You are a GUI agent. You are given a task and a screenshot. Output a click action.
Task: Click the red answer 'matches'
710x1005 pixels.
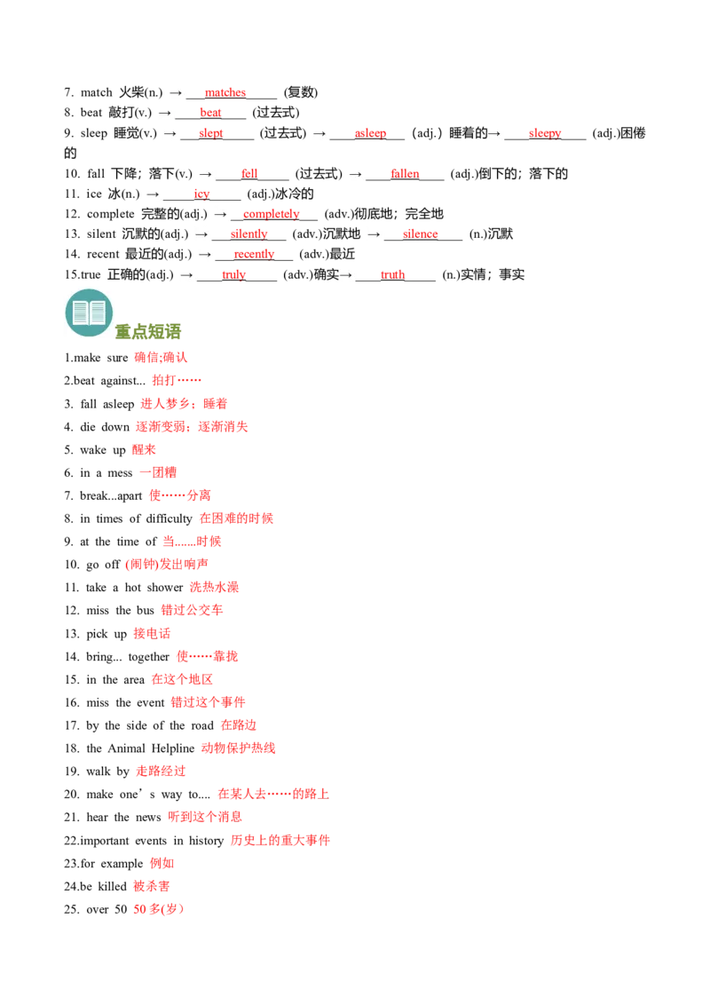click(x=225, y=92)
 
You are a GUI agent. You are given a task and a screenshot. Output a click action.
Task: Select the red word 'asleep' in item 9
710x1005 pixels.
click(x=370, y=133)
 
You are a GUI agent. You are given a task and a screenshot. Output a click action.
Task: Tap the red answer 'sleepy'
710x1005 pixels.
click(x=545, y=133)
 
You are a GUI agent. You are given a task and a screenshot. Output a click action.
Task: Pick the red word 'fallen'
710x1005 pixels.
click(x=405, y=174)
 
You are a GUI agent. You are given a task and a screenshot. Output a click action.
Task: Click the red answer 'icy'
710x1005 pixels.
click(x=201, y=194)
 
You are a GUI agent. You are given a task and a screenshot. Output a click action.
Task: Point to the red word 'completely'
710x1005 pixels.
click(x=271, y=214)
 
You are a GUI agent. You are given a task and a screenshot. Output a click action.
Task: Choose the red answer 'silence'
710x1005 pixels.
click(x=421, y=234)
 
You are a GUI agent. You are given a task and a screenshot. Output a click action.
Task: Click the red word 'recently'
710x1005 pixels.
click(x=254, y=255)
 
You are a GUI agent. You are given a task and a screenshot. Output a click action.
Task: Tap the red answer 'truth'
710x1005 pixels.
click(x=393, y=275)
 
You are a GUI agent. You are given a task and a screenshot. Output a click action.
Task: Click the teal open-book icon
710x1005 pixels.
click(x=89, y=313)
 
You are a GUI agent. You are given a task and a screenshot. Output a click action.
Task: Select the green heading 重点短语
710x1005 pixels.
click(x=148, y=331)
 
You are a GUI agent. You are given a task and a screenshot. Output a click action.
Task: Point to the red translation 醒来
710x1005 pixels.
click(x=144, y=450)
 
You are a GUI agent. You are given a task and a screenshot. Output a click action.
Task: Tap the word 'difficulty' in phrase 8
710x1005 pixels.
click(x=170, y=519)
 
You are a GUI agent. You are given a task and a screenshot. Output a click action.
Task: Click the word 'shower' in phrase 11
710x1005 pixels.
click(x=165, y=588)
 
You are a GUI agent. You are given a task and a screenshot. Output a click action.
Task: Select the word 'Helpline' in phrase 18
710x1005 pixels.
click(x=173, y=748)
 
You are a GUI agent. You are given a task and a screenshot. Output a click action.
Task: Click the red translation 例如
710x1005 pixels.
click(x=162, y=864)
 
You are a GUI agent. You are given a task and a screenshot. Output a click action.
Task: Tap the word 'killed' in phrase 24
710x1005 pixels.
click(x=112, y=887)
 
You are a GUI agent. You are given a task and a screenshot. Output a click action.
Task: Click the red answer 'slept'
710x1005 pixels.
click(x=211, y=133)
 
